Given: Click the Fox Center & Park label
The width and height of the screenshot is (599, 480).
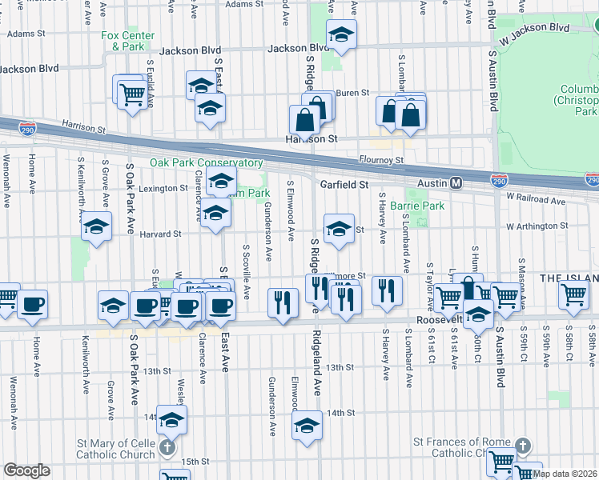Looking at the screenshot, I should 123,41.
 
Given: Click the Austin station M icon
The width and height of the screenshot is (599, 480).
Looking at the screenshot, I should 456,183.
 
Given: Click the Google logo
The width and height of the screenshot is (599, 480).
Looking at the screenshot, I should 26,470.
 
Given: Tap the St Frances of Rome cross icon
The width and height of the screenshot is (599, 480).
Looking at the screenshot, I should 522,444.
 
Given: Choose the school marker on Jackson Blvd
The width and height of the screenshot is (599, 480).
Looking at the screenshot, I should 341,34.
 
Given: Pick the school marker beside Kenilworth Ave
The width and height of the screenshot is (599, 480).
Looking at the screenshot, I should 96,226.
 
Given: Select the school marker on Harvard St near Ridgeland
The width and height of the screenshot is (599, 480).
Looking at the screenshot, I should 339,228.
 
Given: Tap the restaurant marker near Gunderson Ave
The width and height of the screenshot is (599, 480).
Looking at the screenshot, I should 282,303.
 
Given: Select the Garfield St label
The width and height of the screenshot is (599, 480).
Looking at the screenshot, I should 344,184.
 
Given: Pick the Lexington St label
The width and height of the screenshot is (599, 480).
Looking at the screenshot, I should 163,189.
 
